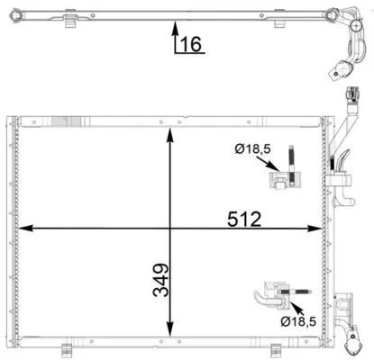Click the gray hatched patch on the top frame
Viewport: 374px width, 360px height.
68,121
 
